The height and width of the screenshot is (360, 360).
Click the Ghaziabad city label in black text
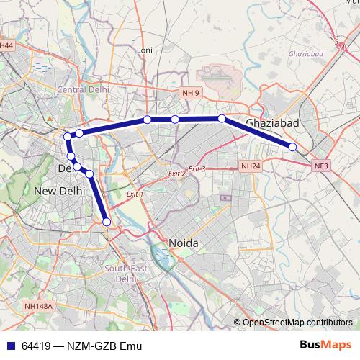(271, 122)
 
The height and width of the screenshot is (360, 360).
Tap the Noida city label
(182, 243)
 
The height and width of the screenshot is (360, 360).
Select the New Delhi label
(60, 191)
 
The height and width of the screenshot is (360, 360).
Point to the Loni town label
(145, 50)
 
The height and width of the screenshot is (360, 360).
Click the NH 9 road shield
(190, 94)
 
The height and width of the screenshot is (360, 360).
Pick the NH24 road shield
(250, 166)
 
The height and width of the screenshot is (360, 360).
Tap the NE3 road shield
(321, 166)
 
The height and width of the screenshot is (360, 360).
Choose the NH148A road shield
(38, 306)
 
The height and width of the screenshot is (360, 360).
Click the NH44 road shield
(6, 45)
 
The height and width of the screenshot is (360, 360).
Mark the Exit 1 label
(135, 194)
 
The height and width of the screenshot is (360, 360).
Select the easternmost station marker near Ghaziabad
(293, 147)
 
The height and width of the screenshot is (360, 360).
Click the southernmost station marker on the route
(107, 222)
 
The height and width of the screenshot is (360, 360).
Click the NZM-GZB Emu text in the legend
(104, 346)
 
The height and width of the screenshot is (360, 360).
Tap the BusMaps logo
(326, 346)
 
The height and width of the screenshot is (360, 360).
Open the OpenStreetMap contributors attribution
(297, 322)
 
